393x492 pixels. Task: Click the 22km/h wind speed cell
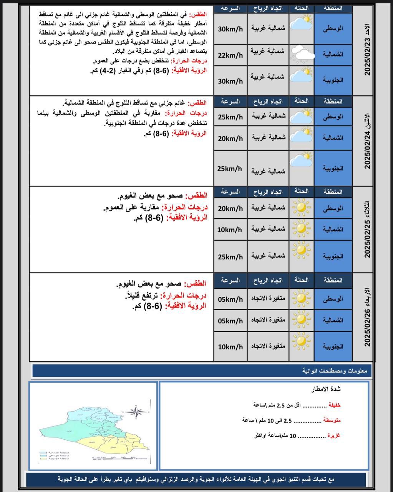[x=230, y=55]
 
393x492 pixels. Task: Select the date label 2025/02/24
[x=367, y=141]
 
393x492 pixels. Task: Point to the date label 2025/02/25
[x=367, y=229]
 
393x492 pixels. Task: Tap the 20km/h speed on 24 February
[x=230, y=138]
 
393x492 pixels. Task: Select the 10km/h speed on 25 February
[x=230, y=229]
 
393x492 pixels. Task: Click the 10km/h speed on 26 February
[x=230, y=347]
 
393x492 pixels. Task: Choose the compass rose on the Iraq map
[x=136, y=412]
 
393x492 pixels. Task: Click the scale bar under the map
[x=114, y=457]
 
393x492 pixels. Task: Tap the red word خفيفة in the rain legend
[x=334, y=405]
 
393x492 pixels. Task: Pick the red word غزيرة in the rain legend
[x=334, y=435]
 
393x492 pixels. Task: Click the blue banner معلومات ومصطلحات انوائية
[x=200, y=371]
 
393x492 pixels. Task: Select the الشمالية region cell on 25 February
[x=333, y=229]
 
